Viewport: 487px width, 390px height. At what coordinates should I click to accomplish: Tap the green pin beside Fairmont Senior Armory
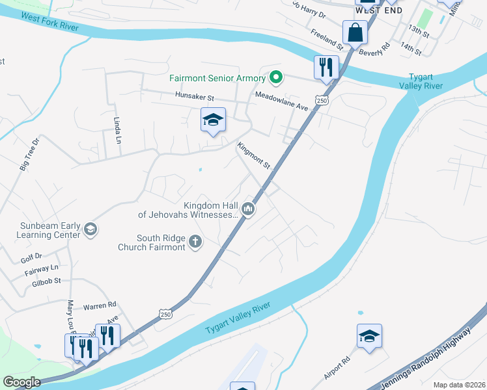pyautogui.click(x=275, y=78)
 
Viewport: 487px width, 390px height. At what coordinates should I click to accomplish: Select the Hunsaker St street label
pyautogui.click(x=194, y=97)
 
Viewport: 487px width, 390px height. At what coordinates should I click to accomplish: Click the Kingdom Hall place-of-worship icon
pyautogui.click(x=247, y=209)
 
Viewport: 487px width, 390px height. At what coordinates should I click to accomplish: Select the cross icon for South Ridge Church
pyautogui.click(x=195, y=242)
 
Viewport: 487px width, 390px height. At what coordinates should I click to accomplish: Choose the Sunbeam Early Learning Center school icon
pyautogui.click(x=90, y=229)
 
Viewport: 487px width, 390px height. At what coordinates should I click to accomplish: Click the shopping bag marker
pyautogui.click(x=354, y=32)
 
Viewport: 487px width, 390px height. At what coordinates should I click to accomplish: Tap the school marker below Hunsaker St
pyautogui.click(x=213, y=120)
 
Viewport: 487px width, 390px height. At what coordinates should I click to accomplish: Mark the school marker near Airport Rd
pyautogui.click(x=369, y=336)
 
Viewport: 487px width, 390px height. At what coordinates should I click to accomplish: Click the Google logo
pyautogui.click(x=22, y=382)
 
